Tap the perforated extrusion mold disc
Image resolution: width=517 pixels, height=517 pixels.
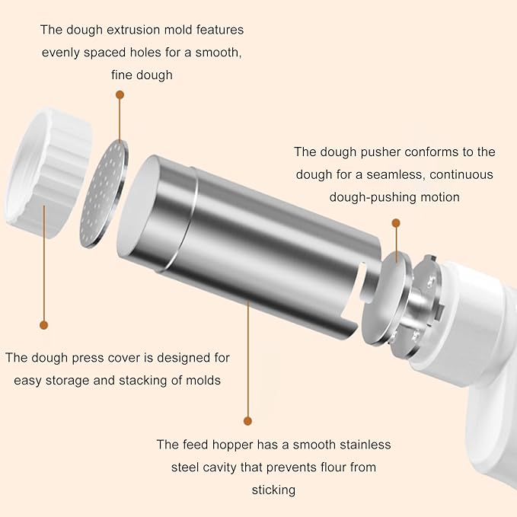pos(104,193)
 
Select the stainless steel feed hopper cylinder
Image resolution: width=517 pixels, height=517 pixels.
pos(249,244)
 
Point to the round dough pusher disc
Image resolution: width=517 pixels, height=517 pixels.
pos(387,298)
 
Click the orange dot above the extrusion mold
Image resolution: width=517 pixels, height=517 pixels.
pos(120,95)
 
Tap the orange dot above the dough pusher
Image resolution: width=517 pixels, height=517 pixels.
pos(396,223)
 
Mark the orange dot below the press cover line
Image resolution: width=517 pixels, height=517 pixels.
pos(43,325)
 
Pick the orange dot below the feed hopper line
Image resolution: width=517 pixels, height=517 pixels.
pos(247,421)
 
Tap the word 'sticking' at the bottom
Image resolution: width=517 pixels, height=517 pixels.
pos(273,490)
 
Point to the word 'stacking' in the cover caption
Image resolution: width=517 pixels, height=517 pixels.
pos(143,381)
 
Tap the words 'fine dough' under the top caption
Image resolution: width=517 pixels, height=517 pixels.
pos(142,75)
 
